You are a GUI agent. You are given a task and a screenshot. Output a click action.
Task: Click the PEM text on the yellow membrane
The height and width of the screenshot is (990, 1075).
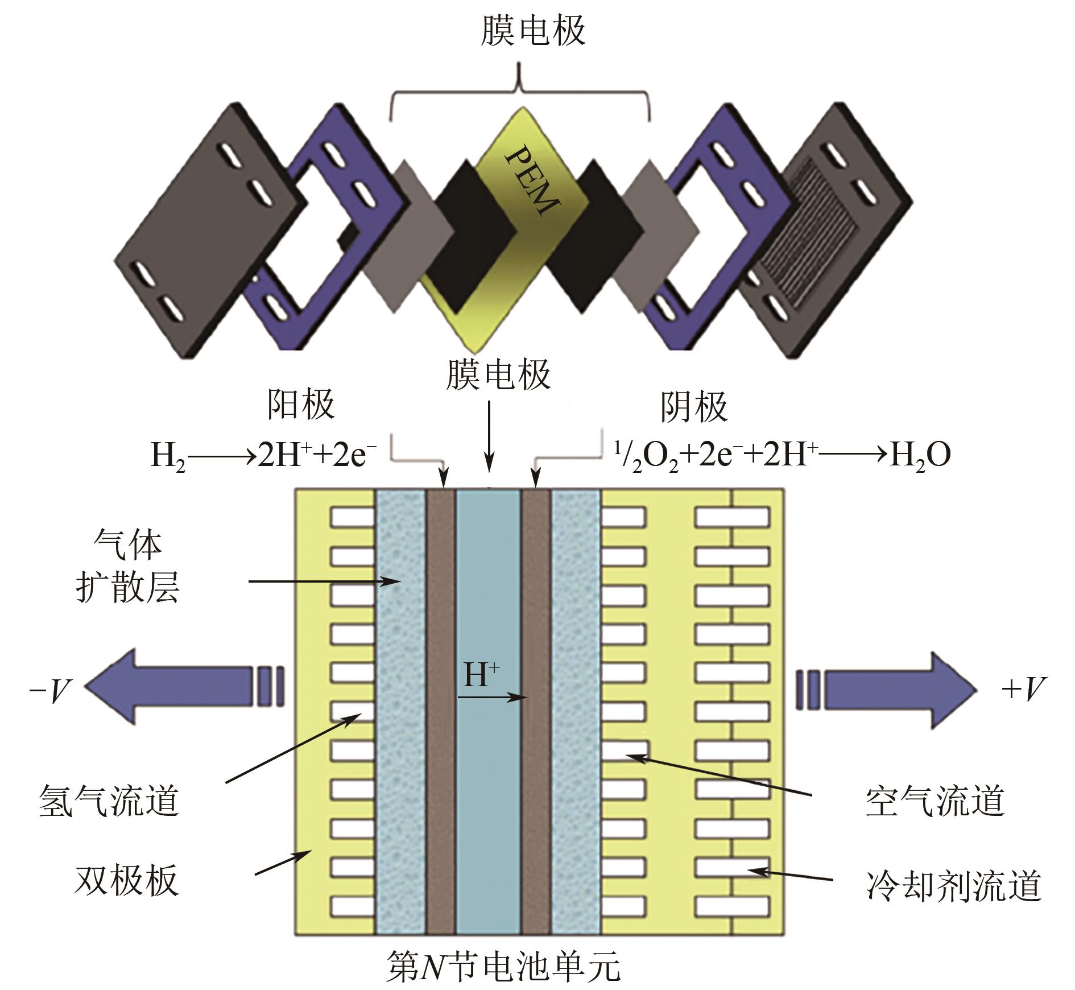click(x=534, y=181)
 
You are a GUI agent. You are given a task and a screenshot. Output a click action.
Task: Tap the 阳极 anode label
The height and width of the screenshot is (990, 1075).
click(x=301, y=405)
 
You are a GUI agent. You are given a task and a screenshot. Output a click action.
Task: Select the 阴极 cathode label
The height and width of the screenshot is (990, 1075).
click(x=693, y=406)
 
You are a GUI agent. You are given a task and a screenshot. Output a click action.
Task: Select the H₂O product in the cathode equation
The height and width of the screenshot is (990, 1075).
click(x=920, y=455)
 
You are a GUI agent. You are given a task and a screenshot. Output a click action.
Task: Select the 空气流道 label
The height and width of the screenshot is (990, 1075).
click(x=935, y=801)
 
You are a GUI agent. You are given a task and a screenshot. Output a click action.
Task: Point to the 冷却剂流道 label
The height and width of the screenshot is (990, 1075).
click(x=953, y=885)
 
